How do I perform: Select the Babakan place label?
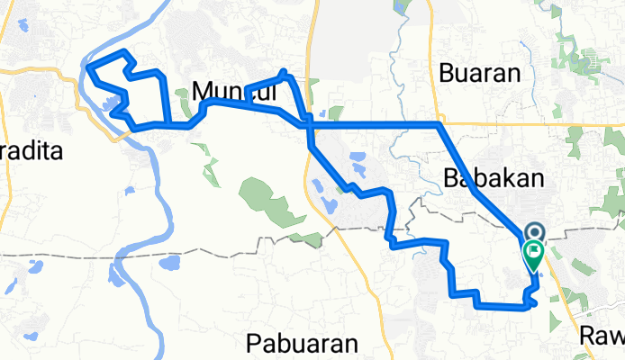(494, 178)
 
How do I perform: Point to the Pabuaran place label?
(303, 344)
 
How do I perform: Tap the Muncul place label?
(225, 90)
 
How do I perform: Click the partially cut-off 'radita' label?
(32, 151)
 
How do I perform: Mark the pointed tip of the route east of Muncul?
(285, 71)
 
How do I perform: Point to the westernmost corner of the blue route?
(86, 66)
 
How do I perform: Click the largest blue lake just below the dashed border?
(168, 264)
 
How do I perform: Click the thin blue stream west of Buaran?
(393, 63)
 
